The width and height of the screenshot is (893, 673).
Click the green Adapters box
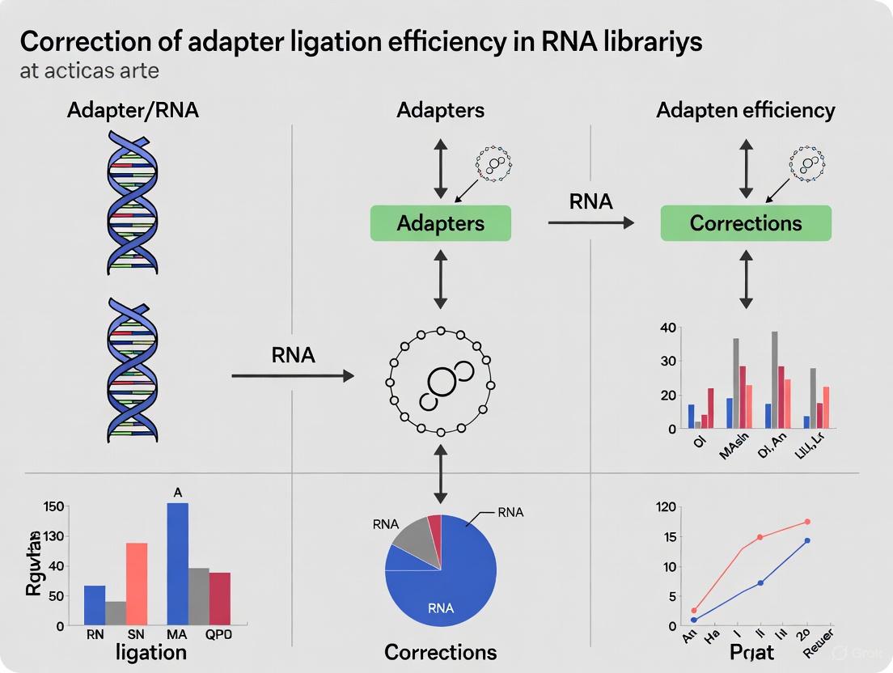pyautogui.click(x=440, y=222)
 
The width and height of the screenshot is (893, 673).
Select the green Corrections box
pyautogui.click(x=746, y=222)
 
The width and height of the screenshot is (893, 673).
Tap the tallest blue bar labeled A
pyautogui.click(x=177, y=563)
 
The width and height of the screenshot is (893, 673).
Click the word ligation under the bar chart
pyautogui.click(x=150, y=652)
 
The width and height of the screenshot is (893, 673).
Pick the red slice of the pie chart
pyautogui.click(x=434, y=523)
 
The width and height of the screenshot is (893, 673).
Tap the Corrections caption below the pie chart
pyautogui.click(x=440, y=651)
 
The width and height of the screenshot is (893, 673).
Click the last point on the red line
pyautogui.click(x=806, y=522)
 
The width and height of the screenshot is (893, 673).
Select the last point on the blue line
pyautogui.click(x=806, y=540)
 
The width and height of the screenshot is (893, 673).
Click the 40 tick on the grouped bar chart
pyautogui.click(x=667, y=328)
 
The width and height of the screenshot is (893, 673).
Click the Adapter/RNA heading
pyautogui.click(x=133, y=110)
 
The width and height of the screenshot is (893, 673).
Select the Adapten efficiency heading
pyautogui.click(x=745, y=110)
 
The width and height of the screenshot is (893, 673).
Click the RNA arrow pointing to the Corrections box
pyautogui.click(x=590, y=221)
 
